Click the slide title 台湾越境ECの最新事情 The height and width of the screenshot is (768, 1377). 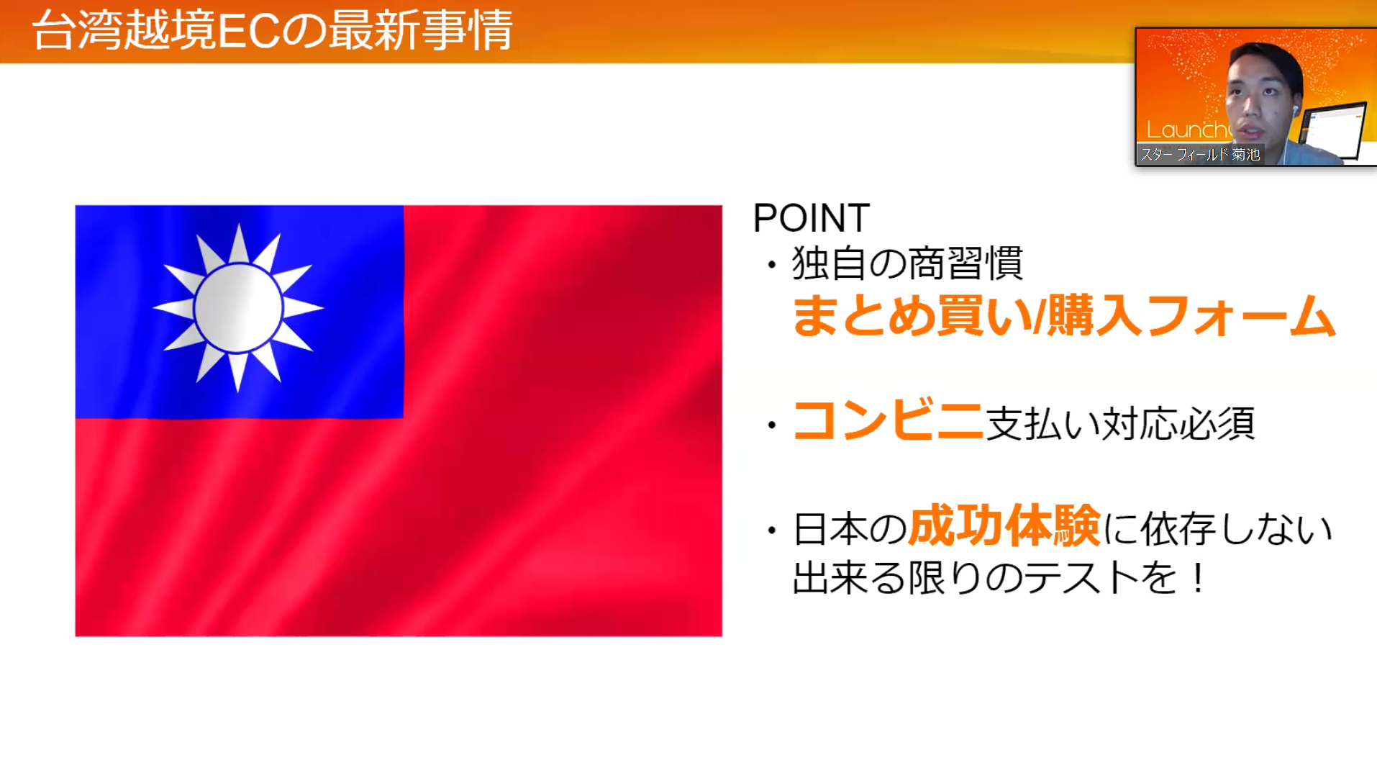[x=272, y=30]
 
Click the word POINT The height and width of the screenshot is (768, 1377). [x=811, y=217]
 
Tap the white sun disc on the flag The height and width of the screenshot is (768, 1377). [x=238, y=307]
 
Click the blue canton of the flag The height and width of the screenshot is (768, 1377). [x=239, y=312]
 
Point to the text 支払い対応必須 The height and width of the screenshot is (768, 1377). [x=1120, y=423]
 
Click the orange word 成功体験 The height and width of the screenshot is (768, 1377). [x=1004, y=526]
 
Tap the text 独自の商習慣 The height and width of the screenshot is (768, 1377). [x=907, y=263]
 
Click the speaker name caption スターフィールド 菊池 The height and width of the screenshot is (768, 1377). [x=1200, y=154]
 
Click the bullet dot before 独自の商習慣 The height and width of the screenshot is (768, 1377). [x=772, y=265]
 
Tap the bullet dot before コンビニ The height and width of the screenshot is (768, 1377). [x=772, y=425]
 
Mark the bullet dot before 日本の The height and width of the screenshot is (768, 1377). [x=772, y=531]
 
